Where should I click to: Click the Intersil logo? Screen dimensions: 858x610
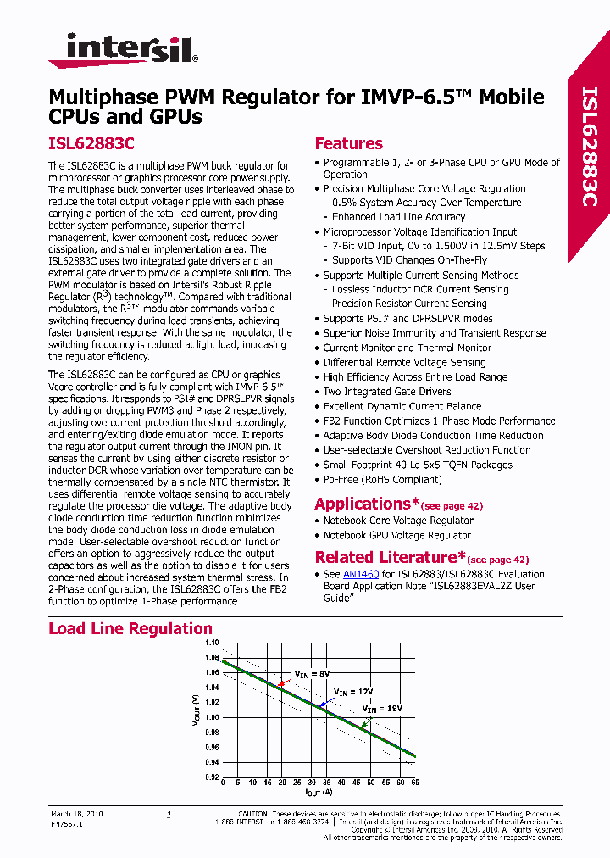pos(124,49)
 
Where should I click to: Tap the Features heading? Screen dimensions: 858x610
pos(348,143)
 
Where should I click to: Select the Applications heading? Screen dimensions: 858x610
pos(362,504)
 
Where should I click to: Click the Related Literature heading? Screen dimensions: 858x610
pos(385,557)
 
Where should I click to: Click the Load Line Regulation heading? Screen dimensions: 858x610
pos(130,628)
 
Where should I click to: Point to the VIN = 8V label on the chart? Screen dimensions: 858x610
pos(311,673)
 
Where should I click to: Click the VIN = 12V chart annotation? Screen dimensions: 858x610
pos(352,692)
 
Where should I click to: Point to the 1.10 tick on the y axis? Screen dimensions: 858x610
pos(211,643)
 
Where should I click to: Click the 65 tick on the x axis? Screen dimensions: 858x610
pos(414,783)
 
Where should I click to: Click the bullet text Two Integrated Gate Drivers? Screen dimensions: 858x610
pos(387,392)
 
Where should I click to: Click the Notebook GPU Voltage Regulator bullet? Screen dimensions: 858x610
pos(396,535)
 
